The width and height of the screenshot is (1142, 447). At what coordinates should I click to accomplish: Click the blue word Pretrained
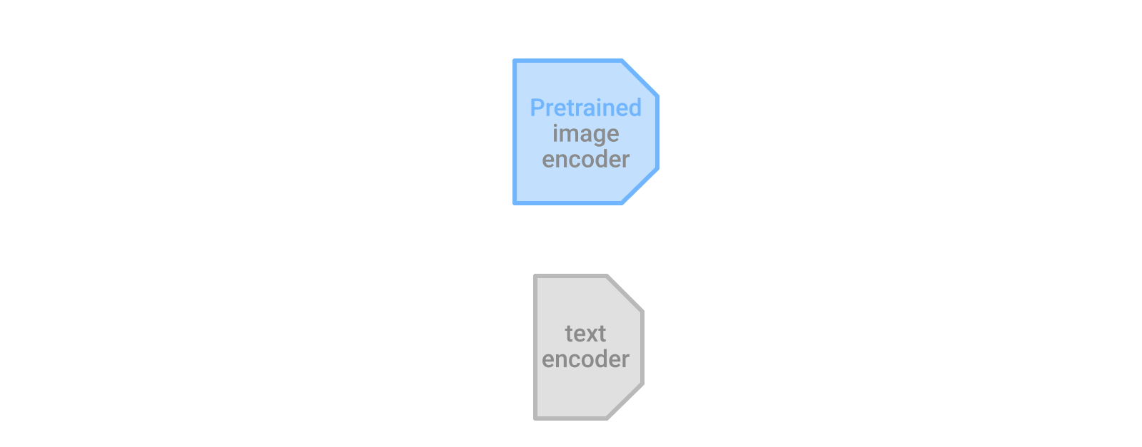point(585,108)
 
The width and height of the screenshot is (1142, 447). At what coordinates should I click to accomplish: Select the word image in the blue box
point(585,134)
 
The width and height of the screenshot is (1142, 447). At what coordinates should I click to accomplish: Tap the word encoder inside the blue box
point(585,160)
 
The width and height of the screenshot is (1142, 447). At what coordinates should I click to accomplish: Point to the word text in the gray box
point(585,334)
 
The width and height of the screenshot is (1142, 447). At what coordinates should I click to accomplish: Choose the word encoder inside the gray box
point(585,359)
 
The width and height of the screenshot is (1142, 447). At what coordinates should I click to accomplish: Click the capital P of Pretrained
point(537,108)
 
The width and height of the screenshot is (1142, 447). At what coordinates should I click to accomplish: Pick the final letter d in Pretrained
point(635,108)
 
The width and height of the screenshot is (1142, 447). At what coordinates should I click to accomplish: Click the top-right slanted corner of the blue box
point(640,78)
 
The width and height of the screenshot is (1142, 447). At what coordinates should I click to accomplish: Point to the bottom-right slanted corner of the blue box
point(640,186)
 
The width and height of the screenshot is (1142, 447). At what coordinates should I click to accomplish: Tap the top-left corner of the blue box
point(515,61)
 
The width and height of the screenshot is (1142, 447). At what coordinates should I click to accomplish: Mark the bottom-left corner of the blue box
point(515,202)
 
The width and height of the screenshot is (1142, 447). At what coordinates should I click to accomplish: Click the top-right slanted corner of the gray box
point(625,293)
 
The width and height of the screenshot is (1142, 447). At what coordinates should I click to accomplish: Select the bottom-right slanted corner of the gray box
point(625,401)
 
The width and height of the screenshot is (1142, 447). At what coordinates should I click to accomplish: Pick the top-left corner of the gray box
point(536,277)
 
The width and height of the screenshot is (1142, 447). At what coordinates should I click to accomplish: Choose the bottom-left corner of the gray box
point(536,418)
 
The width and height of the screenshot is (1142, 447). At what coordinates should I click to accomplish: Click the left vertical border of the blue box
point(515,132)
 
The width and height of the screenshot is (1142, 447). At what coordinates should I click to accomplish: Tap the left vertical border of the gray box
point(536,347)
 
